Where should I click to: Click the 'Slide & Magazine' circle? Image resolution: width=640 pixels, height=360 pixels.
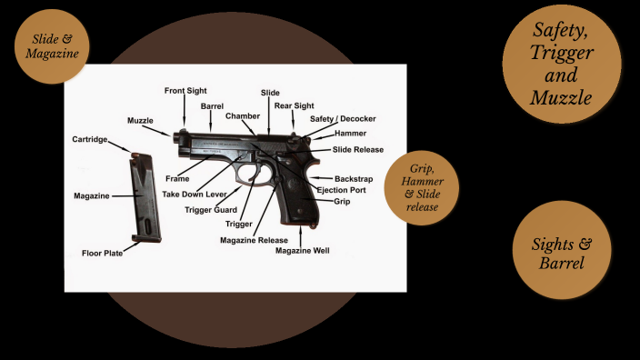point(52,46)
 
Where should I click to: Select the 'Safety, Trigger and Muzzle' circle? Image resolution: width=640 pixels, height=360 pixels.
point(562,65)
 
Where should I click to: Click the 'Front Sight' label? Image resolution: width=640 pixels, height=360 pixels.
point(185,91)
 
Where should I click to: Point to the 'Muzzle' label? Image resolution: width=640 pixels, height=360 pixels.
point(141,121)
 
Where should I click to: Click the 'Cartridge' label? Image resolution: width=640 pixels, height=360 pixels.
point(90,139)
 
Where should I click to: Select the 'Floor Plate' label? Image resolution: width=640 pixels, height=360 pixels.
point(102,253)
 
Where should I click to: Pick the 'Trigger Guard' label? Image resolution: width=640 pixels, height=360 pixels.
point(211,209)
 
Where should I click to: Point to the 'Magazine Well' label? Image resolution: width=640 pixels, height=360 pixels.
point(303,250)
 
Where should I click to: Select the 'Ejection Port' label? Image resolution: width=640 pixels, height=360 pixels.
point(341,189)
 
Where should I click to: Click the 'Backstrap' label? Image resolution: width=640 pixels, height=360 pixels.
point(353,178)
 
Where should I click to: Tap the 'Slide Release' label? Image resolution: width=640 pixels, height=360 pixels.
point(357,149)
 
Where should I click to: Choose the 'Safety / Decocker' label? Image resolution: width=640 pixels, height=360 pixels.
point(342,119)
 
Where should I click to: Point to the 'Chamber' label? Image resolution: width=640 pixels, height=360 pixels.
point(243,116)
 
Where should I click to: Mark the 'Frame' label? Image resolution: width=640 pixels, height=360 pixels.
point(177,179)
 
